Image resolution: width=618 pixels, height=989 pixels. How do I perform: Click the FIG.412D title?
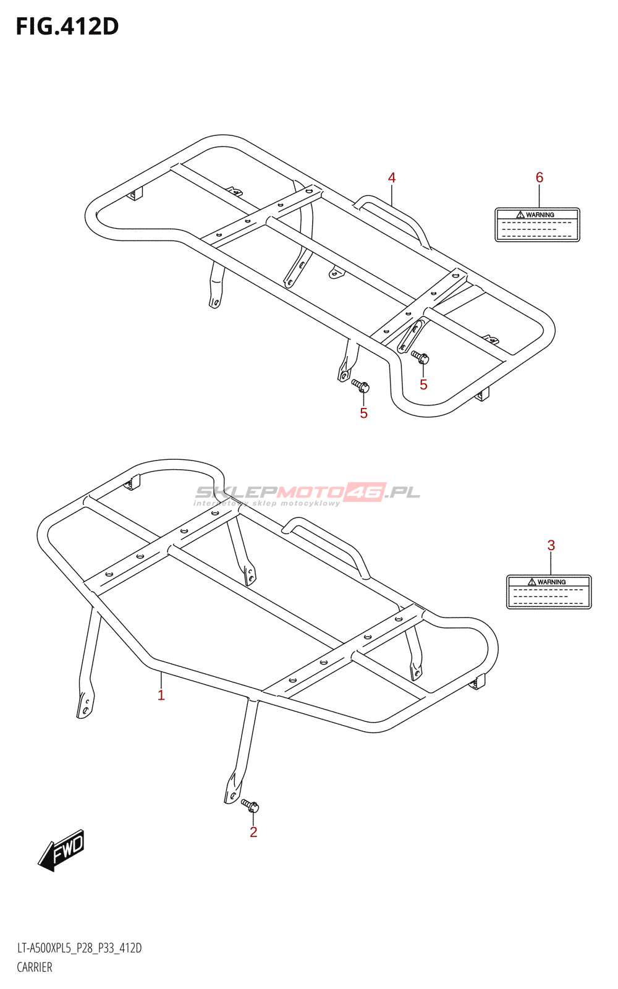tap(67, 27)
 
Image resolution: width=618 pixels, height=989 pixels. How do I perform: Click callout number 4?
tap(392, 178)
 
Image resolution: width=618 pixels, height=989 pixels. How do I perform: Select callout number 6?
tap(540, 178)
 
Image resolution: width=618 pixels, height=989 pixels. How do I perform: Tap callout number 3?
tap(551, 546)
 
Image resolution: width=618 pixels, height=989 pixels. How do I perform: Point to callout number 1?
tap(161, 695)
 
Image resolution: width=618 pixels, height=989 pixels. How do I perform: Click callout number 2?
tap(253, 833)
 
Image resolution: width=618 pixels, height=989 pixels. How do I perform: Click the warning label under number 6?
tap(537, 225)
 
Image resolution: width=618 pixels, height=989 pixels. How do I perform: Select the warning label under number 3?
tap(549, 592)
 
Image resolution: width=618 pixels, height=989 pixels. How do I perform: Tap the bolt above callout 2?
tap(250, 805)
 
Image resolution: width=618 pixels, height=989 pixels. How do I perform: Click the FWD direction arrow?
tap(61, 850)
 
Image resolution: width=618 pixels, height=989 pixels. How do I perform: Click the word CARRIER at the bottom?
tap(35, 967)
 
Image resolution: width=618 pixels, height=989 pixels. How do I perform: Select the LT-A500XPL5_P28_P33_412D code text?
tap(79, 948)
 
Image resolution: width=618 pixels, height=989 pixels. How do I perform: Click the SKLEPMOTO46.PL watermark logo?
tap(307, 493)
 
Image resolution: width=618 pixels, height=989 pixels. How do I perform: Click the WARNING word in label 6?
tap(540, 215)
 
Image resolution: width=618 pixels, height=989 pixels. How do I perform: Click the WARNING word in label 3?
tap(551, 582)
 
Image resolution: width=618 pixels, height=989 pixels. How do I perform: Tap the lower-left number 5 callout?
tap(364, 414)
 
